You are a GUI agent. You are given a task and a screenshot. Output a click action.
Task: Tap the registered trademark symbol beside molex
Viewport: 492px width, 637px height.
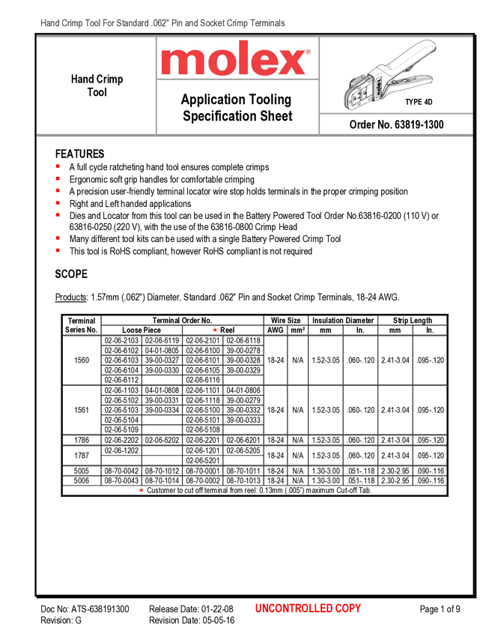(x=308, y=53)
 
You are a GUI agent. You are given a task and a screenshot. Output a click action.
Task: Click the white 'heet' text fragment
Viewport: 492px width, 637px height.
(x=280, y=117)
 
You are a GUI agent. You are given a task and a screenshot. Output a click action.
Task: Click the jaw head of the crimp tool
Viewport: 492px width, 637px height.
(x=356, y=91)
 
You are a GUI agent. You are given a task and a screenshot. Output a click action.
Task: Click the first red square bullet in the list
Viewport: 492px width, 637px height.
(x=57, y=166)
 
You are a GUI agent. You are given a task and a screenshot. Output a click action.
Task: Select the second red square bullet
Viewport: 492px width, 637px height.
(x=57, y=178)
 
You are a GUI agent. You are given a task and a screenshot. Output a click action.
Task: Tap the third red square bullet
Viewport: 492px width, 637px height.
(x=57, y=190)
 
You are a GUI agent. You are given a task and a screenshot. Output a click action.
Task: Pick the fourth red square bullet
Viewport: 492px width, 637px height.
(x=57, y=202)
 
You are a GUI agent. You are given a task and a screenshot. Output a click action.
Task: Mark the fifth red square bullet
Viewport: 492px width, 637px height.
(x=57, y=215)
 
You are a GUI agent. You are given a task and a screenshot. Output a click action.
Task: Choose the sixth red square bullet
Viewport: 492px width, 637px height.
(x=57, y=238)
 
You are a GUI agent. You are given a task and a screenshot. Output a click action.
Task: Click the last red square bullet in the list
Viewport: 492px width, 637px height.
(x=57, y=250)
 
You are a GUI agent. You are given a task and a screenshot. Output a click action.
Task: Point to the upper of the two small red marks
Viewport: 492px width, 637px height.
(x=214, y=330)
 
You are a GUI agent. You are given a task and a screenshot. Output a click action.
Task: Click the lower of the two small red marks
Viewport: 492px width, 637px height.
(x=141, y=490)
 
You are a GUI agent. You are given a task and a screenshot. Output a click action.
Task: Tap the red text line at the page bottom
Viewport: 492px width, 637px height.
(x=308, y=609)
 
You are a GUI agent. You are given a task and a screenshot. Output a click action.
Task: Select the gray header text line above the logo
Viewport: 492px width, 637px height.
(x=163, y=24)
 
